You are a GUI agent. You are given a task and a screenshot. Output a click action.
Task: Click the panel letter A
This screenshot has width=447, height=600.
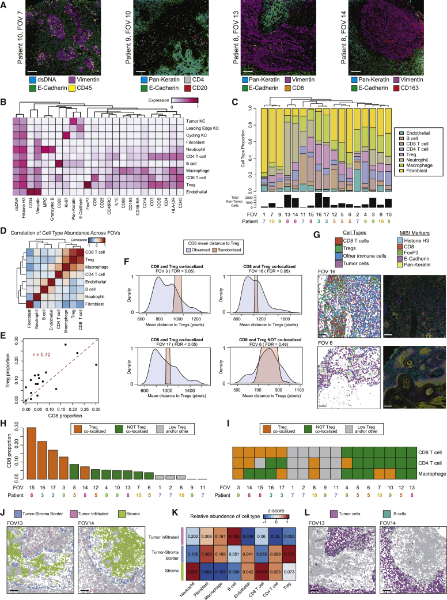[4, 4]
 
